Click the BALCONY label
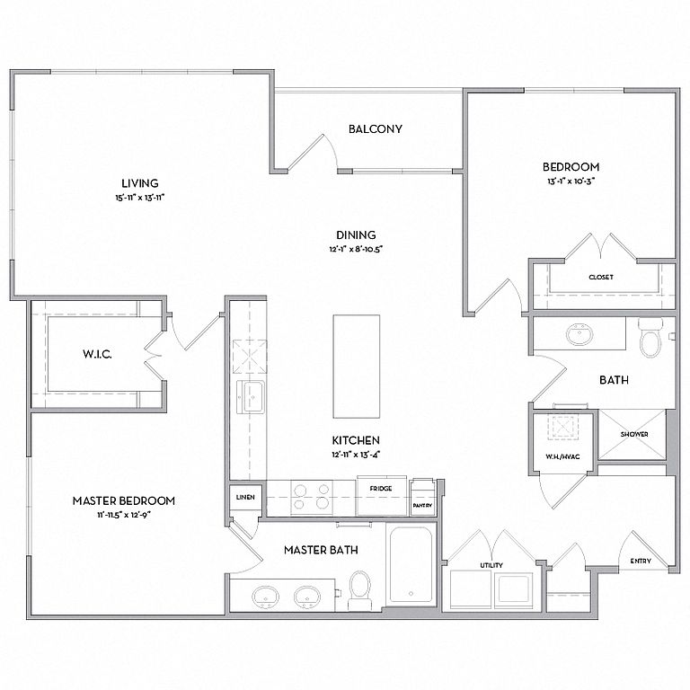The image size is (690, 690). tap(375, 129)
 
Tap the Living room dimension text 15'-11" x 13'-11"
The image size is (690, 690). tap(140, 198)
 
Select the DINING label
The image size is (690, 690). tap(356, 235)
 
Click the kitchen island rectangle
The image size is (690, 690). tap(357, 367)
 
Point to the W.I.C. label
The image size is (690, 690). tap(97, 354)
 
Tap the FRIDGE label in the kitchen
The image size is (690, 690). tap(381, 489)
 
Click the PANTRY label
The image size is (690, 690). tap(422, 506)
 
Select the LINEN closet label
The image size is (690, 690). tap(245, 497)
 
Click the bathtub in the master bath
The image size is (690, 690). tap(411, 565)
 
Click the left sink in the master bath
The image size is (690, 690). tap(265, 597)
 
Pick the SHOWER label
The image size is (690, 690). tap(634, 434)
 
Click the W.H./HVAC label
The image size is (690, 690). tap(562, 456)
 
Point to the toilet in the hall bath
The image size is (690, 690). tap(650, 338)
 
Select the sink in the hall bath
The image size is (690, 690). tap(580, 334)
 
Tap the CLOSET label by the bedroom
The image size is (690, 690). tap(601, 278)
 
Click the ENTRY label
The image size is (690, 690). tap(641, 561)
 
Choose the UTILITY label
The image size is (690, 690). tap(491, 565)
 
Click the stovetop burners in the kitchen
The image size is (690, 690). tap(312, 496)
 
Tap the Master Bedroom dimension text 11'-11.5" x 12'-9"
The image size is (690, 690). tap(124, 515)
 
